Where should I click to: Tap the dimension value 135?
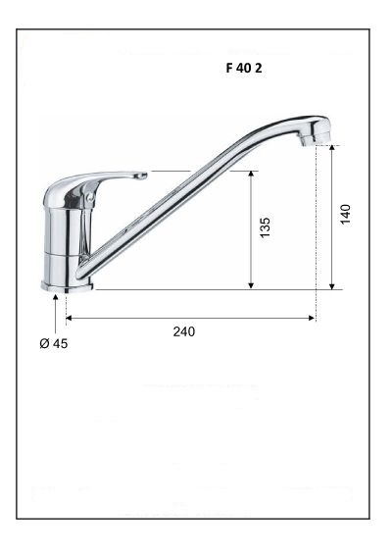(x=266, y=228)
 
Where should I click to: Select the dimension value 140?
(x=345, y=214)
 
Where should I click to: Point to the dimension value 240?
(x=183, y=331)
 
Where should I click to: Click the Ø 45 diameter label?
(x=54, y=344)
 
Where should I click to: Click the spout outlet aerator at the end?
(x=309, y=140)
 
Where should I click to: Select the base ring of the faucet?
(x=67, y=285)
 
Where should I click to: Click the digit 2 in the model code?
(x=258, y=71)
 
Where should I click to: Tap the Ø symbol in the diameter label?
(x=44, y=344)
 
